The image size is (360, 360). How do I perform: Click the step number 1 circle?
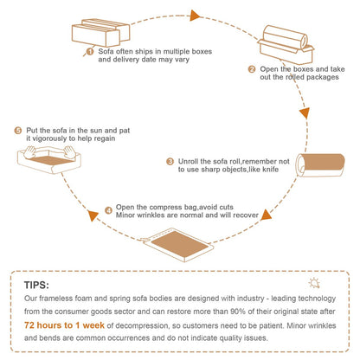pos(90,51)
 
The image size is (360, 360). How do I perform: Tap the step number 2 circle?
pos(252,69)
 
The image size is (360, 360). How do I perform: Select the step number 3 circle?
pos(170,162)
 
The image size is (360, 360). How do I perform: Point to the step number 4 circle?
pos(108,210)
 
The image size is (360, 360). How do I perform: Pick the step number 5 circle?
pos(18,131)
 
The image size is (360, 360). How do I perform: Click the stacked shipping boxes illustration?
pos(100,33)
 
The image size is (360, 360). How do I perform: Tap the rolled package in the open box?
pos(286,44)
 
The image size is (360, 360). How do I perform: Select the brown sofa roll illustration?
pos(320,164)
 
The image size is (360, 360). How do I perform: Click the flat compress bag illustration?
pos(177,245)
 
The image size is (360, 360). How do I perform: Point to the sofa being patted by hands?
pos(49,159)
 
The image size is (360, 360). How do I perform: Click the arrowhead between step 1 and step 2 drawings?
pos(195,16)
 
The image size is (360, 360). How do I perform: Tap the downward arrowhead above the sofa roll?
pos(305,112)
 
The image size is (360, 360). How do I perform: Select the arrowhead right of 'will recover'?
pos(267,215)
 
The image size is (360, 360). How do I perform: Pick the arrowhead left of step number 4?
pos(93,215)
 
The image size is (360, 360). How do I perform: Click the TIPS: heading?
pos(36,285)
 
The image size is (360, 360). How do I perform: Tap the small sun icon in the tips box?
pos(314,283)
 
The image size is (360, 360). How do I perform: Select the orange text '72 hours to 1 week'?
pos(64,325)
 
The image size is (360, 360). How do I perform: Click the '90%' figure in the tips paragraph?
pos(238,312)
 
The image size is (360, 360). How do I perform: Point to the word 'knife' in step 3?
pos(271,170)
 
